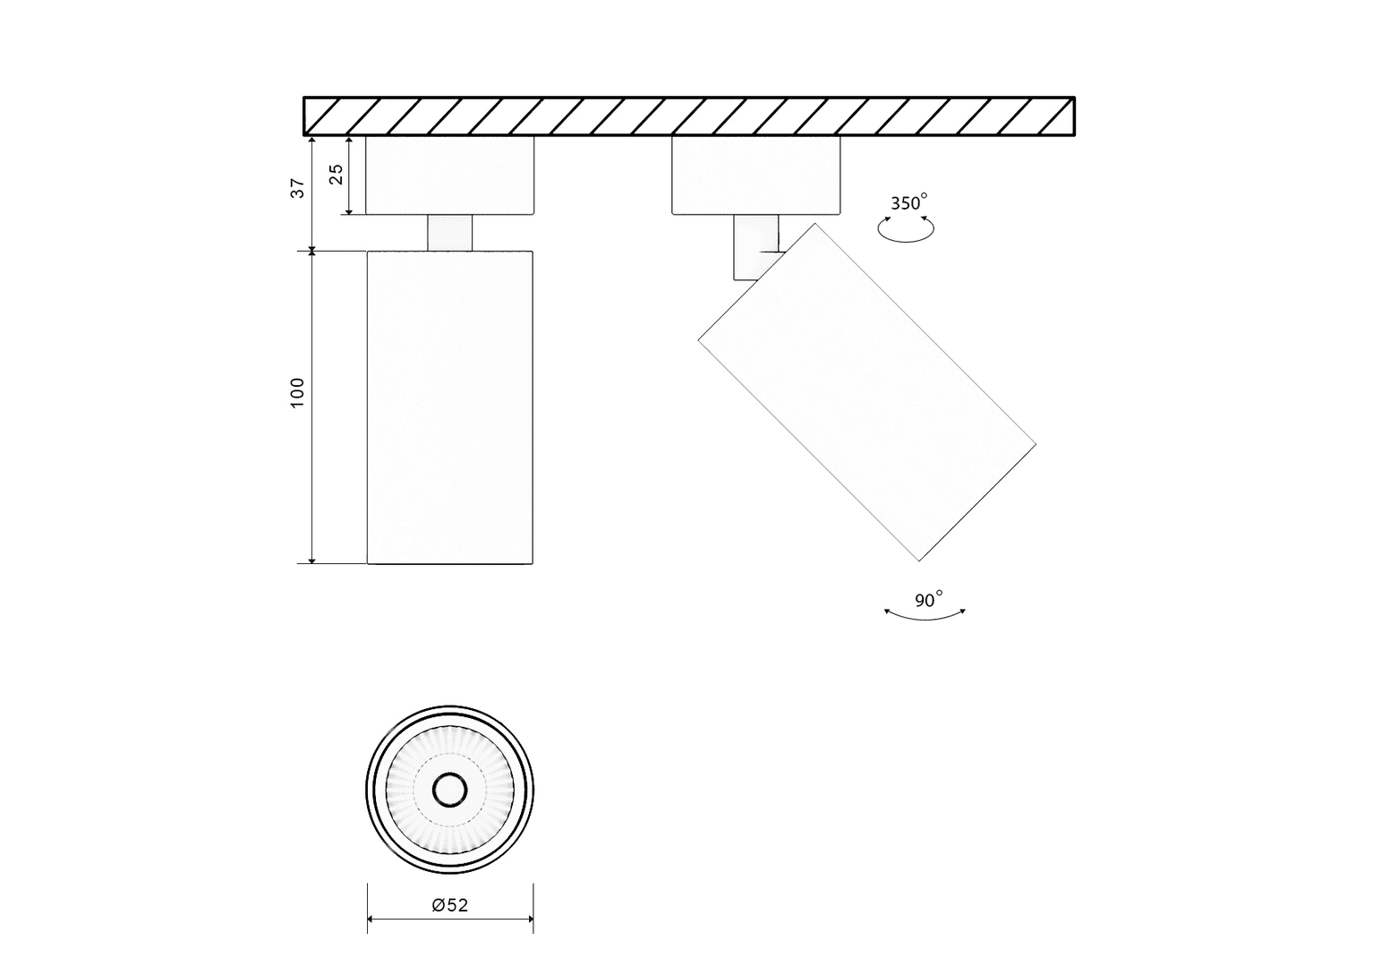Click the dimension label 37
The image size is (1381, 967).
(x=298, y=188)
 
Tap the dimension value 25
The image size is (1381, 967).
(x=336, y=175)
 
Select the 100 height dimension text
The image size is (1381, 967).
(x=298, y=392)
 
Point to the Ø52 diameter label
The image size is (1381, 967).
(x=450, y=904)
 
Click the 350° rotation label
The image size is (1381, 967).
(x=908, y=202)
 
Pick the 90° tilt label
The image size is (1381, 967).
(x=928, y=599)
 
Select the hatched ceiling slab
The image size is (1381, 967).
(x=689, y=116)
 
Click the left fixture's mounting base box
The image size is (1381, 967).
(x=450, y=175)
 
